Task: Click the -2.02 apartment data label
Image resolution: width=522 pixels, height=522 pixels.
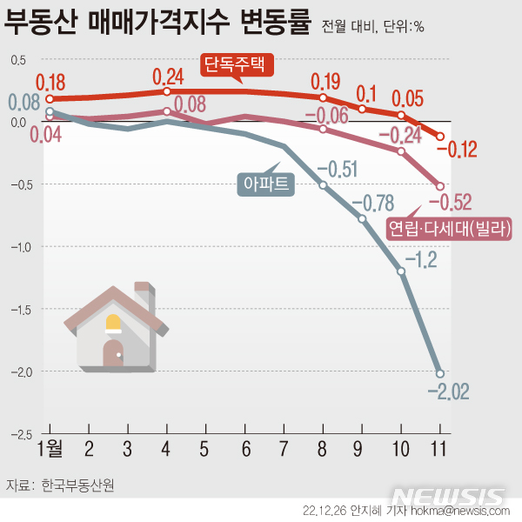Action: click(x=448, y=392)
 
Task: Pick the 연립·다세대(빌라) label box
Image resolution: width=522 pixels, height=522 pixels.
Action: click(x=449, y=229)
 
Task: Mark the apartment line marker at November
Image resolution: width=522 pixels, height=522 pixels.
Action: click(x=440, y=373)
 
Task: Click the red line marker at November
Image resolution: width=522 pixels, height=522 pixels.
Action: click(x=440, y=137)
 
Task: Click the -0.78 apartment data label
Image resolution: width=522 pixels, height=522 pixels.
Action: click(x=372, y=204)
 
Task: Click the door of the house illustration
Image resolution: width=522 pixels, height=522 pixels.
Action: click(x=113, y=352)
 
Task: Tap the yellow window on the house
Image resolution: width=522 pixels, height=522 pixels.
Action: click(x=113, y=325)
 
